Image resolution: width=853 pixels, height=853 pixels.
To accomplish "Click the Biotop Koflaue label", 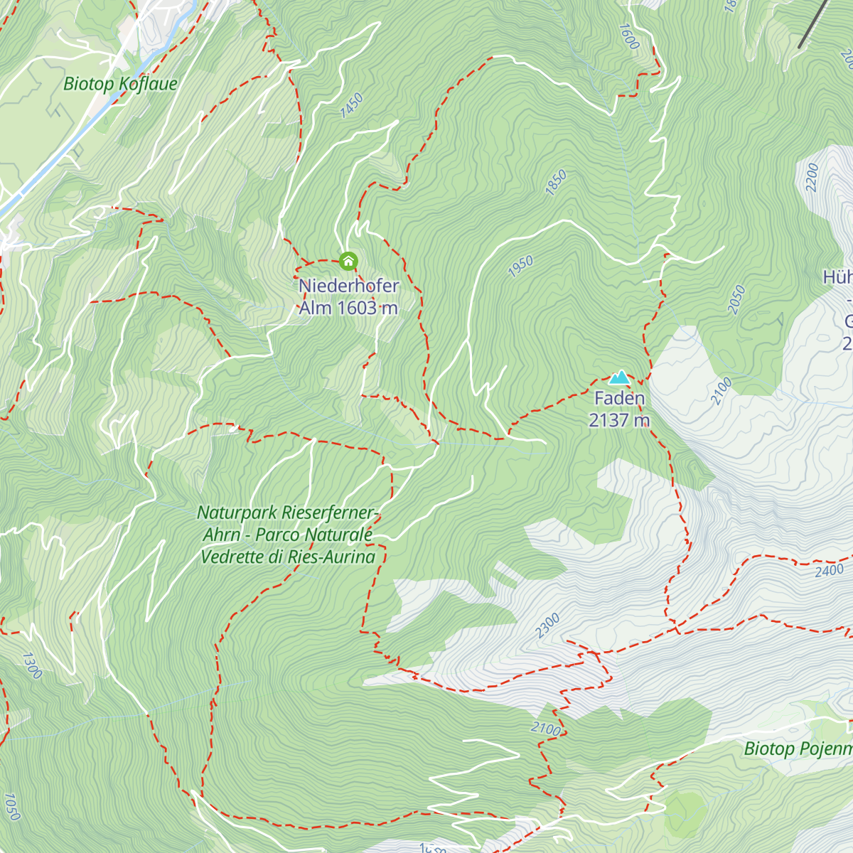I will pyautogui.click(x=120, y=84).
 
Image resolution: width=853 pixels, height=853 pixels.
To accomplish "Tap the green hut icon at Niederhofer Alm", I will pyautogui.click(x=348, y=262).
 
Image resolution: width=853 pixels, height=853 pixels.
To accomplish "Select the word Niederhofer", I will pyautogui.click(x=348, y=286).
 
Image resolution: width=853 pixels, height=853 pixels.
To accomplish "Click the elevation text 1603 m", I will pyautogui.click(x=368, y=308).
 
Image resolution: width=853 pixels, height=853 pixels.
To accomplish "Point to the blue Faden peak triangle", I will pyautogui.click(x=620, y=377).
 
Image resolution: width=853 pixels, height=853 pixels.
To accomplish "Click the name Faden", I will pyautogui.click(x=619, y=398).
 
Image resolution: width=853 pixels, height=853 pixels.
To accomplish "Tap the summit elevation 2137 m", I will pyautogui.click(x=619, y=420).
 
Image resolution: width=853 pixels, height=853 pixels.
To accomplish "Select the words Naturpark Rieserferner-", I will pyautogui.click(x=288, y=513).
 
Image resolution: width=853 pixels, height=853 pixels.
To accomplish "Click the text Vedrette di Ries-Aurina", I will pyautogui.click(x=288, y=557).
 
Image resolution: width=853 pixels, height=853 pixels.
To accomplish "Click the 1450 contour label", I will pyautogui.click(x=351, y=106).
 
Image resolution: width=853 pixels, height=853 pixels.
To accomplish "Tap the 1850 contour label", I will pyautogui.click(x=556, y=182).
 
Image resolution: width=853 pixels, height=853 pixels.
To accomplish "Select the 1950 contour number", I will pyautogui.click(x=520, y=267).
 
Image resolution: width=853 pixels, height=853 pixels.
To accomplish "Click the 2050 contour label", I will pyautogui.click(x=737, y=299).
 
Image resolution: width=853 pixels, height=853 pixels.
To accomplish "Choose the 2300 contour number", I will pyautogui.click(x=547, y=626).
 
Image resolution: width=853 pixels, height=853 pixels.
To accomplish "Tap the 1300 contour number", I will pyautogui.click(x=32, y=665).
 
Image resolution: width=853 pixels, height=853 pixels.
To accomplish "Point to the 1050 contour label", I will pyautogui.click(x=11, y=807).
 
